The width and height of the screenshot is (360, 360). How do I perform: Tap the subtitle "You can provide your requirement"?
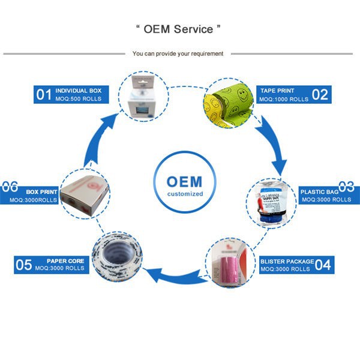tap(178, 53)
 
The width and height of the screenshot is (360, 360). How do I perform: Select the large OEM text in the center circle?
tap(184, 181)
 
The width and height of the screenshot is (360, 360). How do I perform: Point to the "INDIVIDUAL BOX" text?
tap(79, 91)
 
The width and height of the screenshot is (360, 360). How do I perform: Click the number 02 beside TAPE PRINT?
tap(319, 94)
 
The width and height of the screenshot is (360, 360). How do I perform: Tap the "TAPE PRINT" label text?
tap(277, 91)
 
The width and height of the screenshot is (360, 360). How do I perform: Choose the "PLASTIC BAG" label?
tap(319, 192)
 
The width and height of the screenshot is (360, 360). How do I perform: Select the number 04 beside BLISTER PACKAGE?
tap(323, 265)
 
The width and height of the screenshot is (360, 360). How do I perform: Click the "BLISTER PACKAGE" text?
tap(287, 261)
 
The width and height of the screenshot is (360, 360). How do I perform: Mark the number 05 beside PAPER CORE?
tap(23, 265)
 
